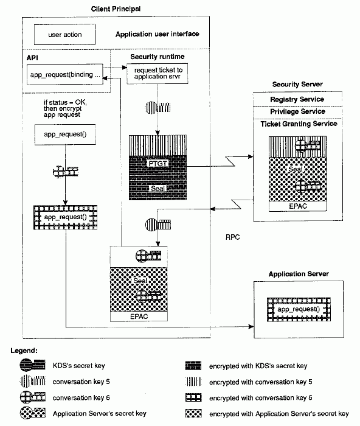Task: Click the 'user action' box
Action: click(64, 35)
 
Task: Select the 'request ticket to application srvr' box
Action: click(157, 74)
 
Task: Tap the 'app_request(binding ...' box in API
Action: click(65, 74)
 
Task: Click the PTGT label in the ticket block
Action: click(157, 163)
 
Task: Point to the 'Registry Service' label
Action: click(297, 99)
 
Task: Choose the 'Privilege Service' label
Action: click(297, 111)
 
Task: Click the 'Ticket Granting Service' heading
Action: click(299, 124)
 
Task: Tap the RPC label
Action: click(233, 237)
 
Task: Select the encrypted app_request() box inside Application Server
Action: click(299, 309)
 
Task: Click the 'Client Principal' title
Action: click(116, 9)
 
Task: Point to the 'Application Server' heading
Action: click(299, 274)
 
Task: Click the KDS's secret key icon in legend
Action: click(33, 365)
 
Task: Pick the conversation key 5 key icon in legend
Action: click(33, 381)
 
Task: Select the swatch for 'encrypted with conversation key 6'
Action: click(193, 397)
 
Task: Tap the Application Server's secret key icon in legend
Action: click(33, 413)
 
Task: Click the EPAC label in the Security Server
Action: click(298, 206)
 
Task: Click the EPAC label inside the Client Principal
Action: click(139, 316)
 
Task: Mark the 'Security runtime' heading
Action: click(157, 57)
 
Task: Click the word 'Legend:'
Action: click(24, 351)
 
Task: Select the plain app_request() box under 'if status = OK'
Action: click(65, 134)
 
